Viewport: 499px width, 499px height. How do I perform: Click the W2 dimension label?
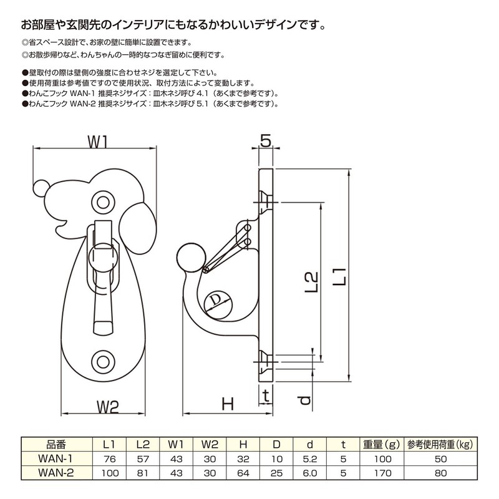pos(107,406)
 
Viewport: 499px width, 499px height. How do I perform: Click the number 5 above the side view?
pos(266,142)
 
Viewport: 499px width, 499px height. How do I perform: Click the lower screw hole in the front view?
pos(102,361)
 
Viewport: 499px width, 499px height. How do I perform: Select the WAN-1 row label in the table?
pos(56,458)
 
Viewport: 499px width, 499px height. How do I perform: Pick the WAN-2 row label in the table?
pos(56,473)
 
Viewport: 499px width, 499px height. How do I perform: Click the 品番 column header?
pos(56,445)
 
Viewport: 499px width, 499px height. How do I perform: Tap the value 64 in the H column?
pos(243,473)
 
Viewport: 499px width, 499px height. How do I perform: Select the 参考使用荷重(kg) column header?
pos(439,445)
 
